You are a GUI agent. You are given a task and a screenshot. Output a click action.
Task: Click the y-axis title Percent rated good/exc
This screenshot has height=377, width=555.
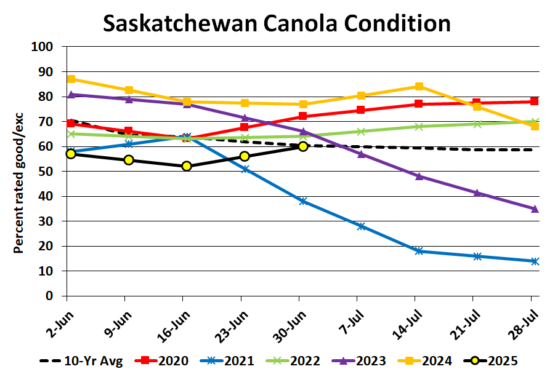(x=18, y=172)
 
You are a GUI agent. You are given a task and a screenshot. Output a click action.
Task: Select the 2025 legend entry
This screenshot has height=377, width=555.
(x=502, y=360)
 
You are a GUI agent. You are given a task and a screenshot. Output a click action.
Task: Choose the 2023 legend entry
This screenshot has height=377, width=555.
(x=370, y=360)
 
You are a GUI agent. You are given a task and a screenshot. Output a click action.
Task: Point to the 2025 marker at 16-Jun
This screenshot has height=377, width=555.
(x=187, y=166)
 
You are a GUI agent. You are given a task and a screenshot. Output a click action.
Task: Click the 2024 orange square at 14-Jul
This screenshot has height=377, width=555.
(x=419, y=87)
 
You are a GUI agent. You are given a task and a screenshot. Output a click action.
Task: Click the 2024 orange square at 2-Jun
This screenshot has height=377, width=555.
(x=71, y=79)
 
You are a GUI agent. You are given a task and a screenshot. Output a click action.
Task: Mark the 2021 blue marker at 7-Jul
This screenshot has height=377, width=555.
(x=361, y=226)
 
